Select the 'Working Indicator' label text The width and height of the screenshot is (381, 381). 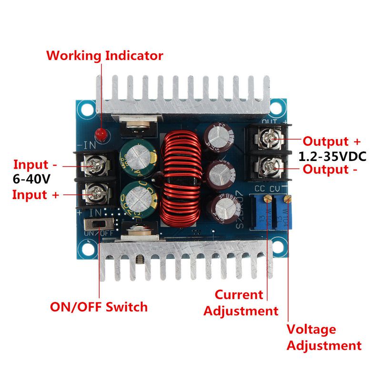105,56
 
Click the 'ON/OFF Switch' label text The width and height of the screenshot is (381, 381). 99,307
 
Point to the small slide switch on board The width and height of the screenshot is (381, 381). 97,223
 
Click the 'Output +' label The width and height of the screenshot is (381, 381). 332,141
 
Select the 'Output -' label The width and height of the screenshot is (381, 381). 330,170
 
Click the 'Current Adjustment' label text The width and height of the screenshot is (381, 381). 241,303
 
